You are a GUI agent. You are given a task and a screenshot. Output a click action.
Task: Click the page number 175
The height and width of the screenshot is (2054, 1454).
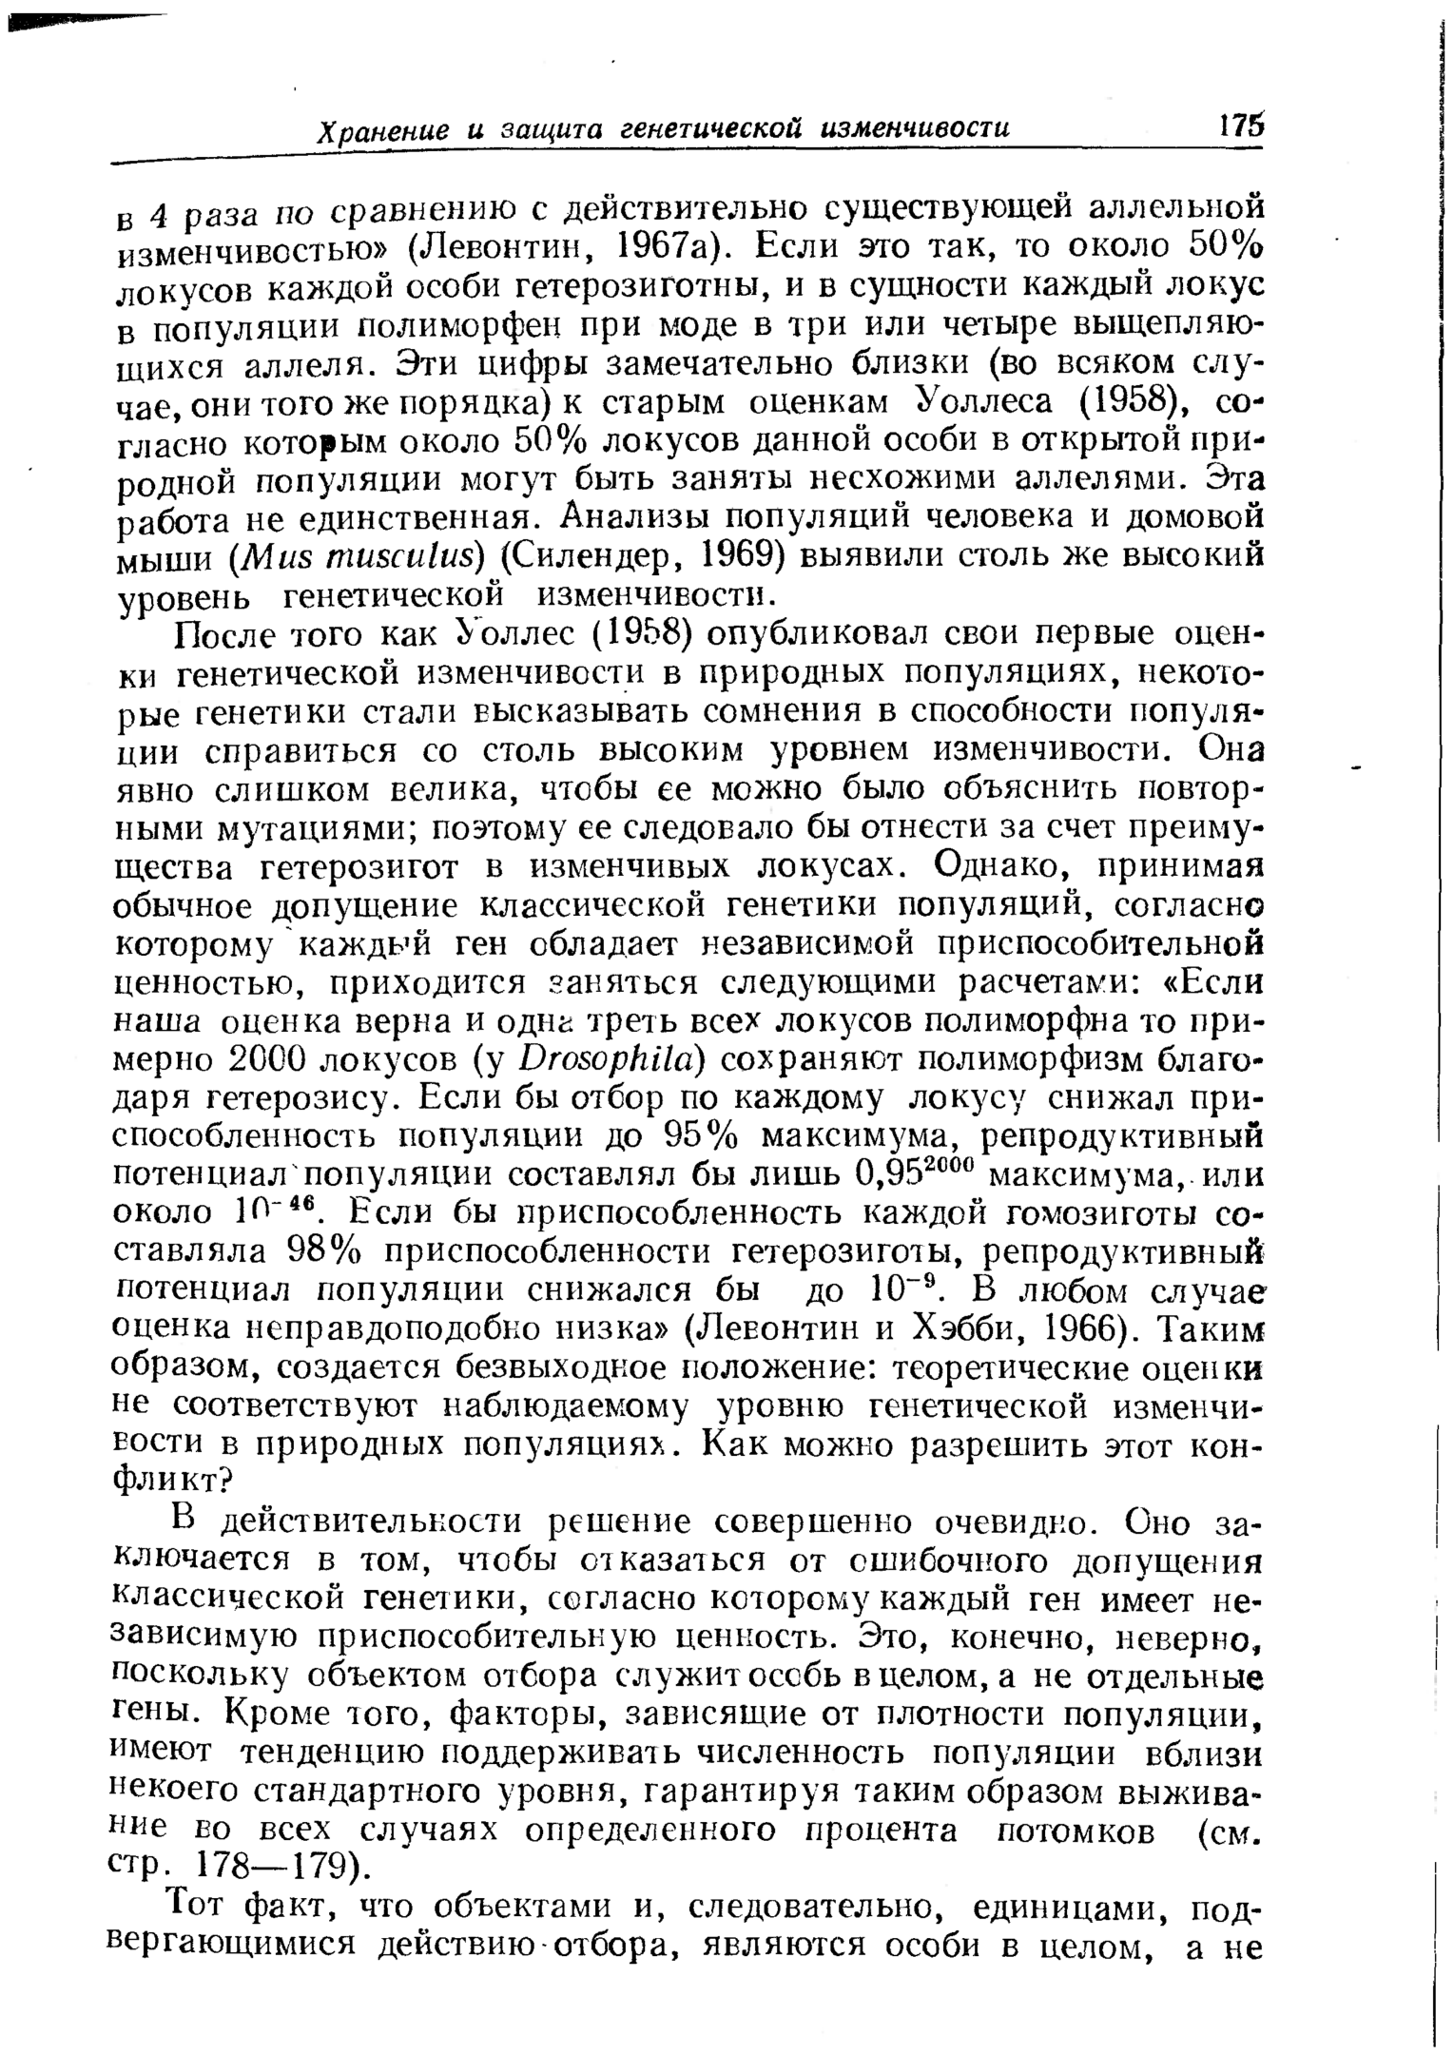coord(1239,126)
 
